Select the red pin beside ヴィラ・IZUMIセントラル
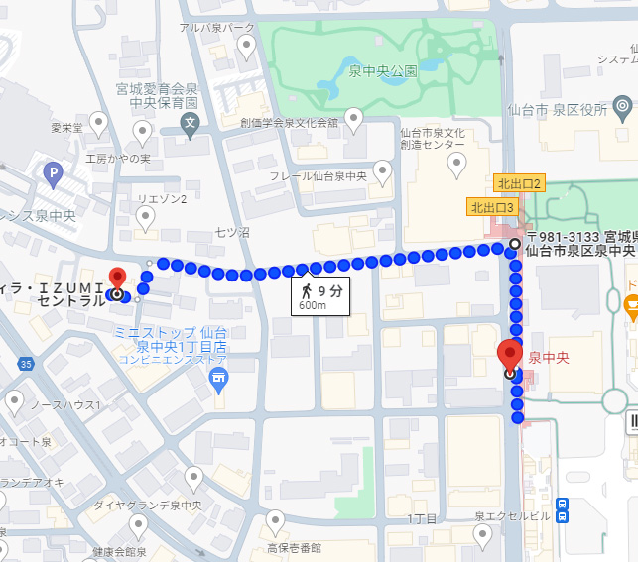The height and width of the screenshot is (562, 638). [x=117, y=279]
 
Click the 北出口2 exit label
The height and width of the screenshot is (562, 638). [x=519, y=183]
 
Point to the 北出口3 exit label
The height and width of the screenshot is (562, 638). [x=492, y=207]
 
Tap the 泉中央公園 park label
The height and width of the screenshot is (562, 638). [x=383, y=71]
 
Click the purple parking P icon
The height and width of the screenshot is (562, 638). [x=52, y=175]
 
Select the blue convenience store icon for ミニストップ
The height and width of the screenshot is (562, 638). [x=218, y=376]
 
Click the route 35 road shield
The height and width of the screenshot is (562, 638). [x=26, y=365]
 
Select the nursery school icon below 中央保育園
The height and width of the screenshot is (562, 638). [x=191, y=123]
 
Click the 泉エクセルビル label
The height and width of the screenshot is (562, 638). [x=512, y=516]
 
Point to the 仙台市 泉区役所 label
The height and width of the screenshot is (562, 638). [x=557, y=110]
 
